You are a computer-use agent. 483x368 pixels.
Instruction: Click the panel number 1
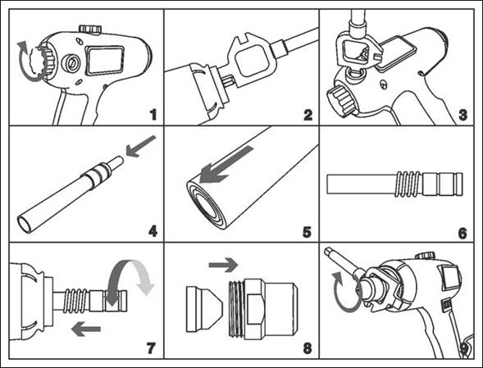153,115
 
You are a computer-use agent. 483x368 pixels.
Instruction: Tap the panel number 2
308,115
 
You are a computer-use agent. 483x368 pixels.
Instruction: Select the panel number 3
462,115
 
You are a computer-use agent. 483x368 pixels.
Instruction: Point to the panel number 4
153,231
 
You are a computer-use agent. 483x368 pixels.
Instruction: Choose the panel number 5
308,232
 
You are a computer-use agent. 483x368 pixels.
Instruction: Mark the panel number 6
462,234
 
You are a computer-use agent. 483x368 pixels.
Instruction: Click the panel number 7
151,348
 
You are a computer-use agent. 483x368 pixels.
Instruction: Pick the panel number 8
308,348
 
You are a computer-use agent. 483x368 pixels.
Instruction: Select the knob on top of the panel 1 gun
90,30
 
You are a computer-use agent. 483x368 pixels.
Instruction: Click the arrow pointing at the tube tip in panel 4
141,146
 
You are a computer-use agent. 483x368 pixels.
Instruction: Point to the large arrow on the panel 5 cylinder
226,165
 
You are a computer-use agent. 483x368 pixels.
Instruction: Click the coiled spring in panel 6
408,184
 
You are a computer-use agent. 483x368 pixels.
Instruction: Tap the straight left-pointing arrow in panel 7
86,329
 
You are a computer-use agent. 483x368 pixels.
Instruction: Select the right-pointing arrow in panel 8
223,265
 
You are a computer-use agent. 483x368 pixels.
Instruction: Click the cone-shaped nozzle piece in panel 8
204,309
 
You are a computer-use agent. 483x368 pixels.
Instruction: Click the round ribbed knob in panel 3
341,101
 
